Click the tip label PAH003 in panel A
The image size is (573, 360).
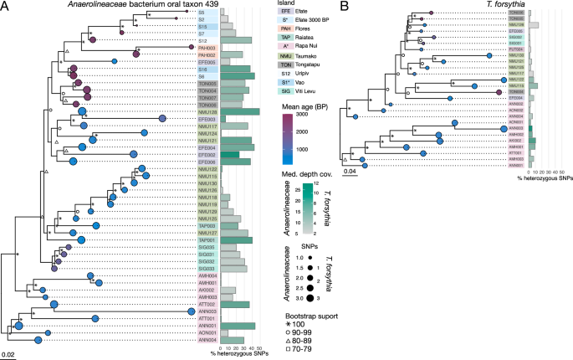[x=207, y=48]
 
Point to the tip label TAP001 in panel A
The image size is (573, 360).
[x=207, y=239]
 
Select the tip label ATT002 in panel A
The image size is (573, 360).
[x=207, y=304]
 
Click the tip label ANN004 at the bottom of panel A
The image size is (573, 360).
[x=207, y=340]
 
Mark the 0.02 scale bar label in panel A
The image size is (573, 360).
[x=8, y=354]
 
